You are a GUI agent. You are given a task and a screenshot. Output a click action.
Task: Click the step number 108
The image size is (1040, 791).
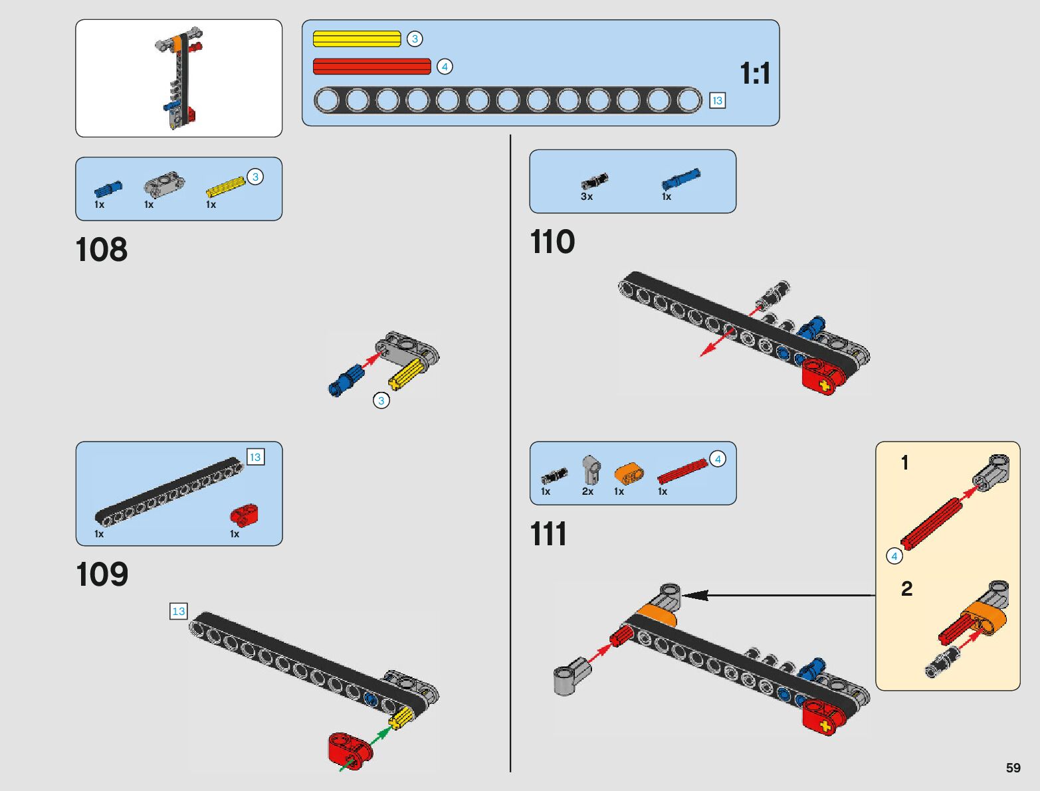pyautogui.click(x=101, y=250)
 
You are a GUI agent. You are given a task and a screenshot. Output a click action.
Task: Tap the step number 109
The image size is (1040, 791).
pyautogui.click(x=102, y=574)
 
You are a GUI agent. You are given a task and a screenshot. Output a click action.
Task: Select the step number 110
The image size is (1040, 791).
pyautogui.click(x=552, y=242)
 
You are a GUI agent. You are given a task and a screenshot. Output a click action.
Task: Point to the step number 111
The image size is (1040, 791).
pyautogui.click(x=548, y=534)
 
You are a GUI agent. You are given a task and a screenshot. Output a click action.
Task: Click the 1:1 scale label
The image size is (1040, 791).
pyautogui.click(x=755, y=73)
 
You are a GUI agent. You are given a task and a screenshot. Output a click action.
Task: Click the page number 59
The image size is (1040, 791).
pyautogui.click(x=1013, y=768)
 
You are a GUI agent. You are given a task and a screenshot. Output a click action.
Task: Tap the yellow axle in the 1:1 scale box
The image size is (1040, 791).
pyautogui.click(x=357, y=39)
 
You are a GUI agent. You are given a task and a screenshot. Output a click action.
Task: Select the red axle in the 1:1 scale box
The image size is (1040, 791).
pyautogui.click(x=372, y=66)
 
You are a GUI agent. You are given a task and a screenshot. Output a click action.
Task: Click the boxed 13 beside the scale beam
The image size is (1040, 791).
pyautogui.click(x=717, y=100)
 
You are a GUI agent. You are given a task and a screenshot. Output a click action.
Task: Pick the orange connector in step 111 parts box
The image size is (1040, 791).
pyautogui.click(x=628, y=474)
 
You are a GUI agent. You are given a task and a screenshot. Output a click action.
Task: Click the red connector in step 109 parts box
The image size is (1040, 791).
pyautogui.click(x=244, y=514)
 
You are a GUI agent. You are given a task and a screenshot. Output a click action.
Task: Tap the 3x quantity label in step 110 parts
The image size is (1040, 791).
pyautogui.click(x=587, y=197)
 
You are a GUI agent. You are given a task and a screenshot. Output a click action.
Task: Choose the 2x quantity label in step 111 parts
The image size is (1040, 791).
pyautogui.click(x=587, y=491)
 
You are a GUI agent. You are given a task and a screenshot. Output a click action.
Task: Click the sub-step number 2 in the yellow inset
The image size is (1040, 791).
pyautogui.click(x=906, y=588)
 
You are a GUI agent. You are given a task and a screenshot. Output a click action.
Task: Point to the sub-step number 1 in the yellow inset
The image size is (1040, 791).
pyautogui.click(x=904, y=462)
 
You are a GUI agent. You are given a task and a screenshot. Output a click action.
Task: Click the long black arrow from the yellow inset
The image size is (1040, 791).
pyautogui.click(x=778, y=595)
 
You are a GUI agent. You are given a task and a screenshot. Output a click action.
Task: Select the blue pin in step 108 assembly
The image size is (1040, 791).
pyautogui.click(x=344, y=381)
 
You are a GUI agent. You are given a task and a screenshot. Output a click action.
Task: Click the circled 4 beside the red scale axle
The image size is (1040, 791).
pyautogui.click(x=445, y=66)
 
